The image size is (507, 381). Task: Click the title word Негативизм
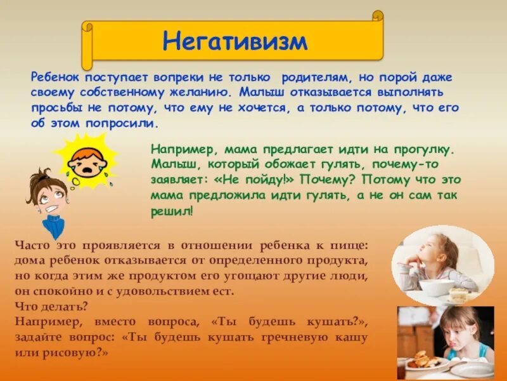pyautogui.click(x=234, y=41)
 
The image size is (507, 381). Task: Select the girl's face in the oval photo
pyautogui.click(x=438, y=250)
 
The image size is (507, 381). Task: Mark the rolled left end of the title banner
pyautogui.click(x=87, y=46)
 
